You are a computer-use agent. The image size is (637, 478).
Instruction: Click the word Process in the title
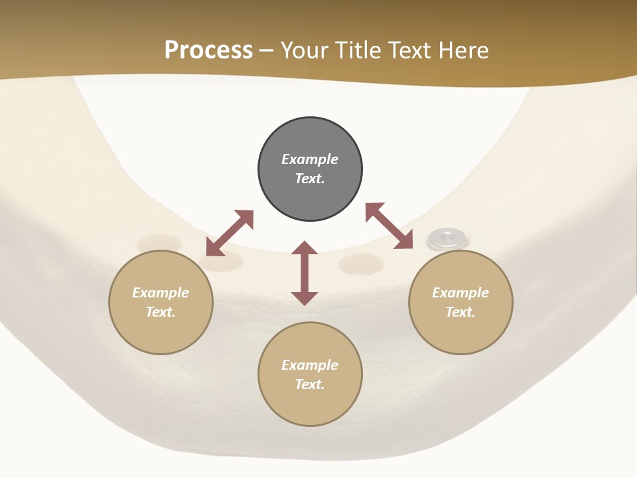pos(208,50)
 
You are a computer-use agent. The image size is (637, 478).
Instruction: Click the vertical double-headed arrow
pos(305,273)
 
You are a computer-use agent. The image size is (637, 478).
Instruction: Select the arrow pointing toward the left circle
pos(230,232)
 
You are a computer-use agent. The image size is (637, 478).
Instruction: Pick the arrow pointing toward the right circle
pos(389,226)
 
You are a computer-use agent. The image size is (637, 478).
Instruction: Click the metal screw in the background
pos(447,237)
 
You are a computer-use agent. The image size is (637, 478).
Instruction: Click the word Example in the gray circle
pos(310,159)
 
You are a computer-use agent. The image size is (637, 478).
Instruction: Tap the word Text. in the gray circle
pos(310,179)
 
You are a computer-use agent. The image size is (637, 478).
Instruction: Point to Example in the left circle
pos(161,293)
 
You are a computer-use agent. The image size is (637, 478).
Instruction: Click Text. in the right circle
pos(460,312)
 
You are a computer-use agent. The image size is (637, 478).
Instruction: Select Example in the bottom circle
pos(310,365)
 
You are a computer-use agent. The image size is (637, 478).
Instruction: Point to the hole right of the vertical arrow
pos(361,264)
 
